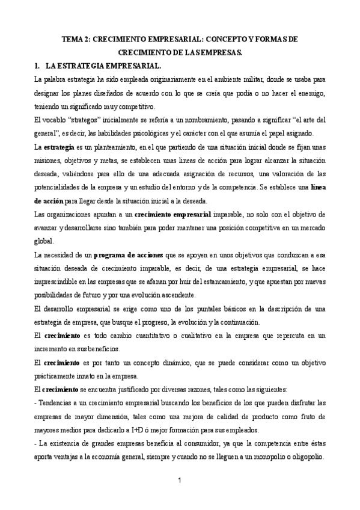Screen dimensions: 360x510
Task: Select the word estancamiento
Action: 230,282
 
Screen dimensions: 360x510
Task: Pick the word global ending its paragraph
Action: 44,241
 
